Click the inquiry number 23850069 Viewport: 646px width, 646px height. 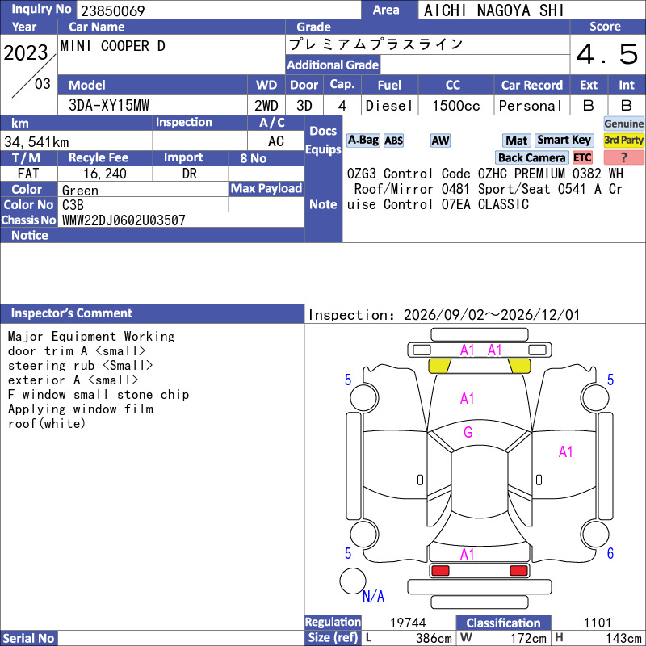click(x=112, y=10)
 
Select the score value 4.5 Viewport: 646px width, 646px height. click(x=606, y=54)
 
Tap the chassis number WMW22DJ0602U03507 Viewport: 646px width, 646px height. click(x=124, y=220)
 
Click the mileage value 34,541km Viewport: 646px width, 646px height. click(x=36, y=142)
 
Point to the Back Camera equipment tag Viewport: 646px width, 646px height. click(x=531, y=157)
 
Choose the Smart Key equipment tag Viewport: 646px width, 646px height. click(x=564, y=140)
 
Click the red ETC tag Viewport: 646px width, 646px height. click(x=582, y=157)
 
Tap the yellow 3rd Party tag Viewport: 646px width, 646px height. click(x=623, y=140)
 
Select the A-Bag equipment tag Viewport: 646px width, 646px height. click(x=363, y=140)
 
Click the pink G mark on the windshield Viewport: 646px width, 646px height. click(x=468, y=432)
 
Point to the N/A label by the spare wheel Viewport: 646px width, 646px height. click(x=373, y=596)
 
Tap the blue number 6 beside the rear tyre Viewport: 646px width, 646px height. click(x=610, y=553)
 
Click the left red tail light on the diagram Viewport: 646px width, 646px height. click(x=440, y=571)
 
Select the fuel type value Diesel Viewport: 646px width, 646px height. click(x=389, y=106)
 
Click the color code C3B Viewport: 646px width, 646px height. click(x=73, y=205)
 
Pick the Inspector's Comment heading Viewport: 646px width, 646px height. click(x=71, y=313)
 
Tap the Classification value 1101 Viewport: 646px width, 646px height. click(x=598, y=623)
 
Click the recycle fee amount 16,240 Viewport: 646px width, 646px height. click(x=105, y=174)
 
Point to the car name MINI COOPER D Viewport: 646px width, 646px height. click(x=113, y=46)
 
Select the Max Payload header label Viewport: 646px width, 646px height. click(x=266, y=189)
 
